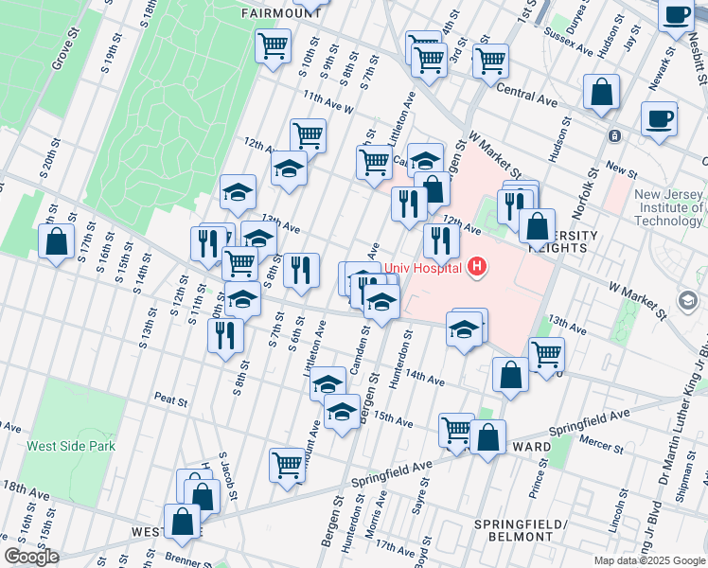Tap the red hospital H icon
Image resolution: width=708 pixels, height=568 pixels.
[477, 268]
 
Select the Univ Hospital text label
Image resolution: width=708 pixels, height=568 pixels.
[423, 268]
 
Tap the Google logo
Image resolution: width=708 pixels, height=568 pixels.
[31, 557]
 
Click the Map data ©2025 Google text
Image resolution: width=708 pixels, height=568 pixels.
[649, 560]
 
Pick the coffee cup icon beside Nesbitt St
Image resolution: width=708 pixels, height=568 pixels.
[678, 17]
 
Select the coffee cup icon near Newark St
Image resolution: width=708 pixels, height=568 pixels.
[659, 120]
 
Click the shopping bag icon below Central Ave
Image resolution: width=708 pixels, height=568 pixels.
[601, 93]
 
